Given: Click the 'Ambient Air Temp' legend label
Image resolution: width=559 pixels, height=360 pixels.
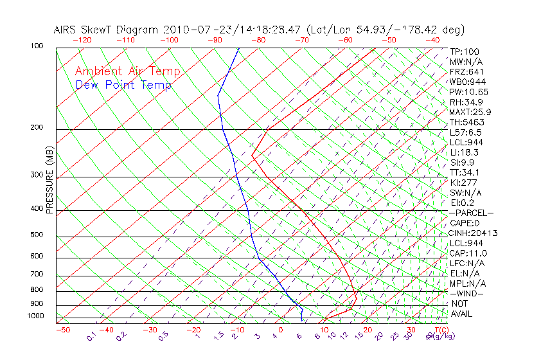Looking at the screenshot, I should (x=120, y=71).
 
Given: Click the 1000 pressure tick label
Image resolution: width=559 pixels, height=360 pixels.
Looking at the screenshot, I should (x=37, y=316).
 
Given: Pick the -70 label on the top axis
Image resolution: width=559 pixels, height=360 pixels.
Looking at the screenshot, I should (x=301, y=40).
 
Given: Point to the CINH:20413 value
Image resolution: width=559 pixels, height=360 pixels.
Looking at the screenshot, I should (x=474, y=233).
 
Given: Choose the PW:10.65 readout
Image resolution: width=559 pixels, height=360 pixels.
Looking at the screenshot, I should (x=469, y=92).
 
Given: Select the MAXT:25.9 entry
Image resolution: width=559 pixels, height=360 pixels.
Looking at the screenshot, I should (x=471, y=112).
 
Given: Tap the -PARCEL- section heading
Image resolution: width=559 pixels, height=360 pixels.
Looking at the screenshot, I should (x=471, y=213).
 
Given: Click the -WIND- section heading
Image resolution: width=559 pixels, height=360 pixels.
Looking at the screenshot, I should (x=467, y=293).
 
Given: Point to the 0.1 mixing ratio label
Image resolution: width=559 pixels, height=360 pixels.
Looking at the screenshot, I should (x=92, y=336).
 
